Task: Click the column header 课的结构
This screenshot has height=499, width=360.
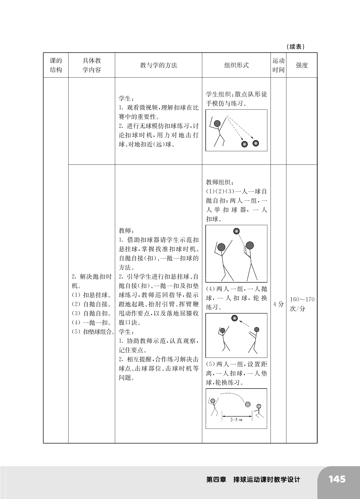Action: coord(56,65)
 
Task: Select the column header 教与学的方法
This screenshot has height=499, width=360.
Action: coord(158,65)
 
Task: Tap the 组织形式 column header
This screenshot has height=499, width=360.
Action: coord(236,65)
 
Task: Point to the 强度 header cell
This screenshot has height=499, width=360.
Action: coord(301,65)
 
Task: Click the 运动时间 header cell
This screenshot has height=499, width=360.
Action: coord(278,65)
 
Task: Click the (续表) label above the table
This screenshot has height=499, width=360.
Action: coord(296,47)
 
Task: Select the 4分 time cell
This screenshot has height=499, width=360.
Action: coord(278,304)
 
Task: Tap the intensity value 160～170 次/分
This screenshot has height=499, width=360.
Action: coord(302,304)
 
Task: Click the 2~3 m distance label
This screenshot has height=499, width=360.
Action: coord(236,420)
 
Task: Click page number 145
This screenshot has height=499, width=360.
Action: coord(337,479)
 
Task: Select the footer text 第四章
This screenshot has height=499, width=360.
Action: coord(216,480)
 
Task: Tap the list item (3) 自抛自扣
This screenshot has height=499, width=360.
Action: coord(92,313)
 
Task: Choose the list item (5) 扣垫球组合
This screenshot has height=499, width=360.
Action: coord(93,332)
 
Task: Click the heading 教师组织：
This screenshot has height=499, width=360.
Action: coord(220,182)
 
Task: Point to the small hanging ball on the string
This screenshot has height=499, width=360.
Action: coord(236,231)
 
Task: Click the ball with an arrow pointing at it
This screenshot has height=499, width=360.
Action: coord(235,318)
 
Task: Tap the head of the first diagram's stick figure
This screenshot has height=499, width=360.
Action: coord(217,123)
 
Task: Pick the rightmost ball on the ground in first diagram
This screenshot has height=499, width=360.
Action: coord(255,143)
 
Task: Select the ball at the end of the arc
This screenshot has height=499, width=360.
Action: coord(248,404)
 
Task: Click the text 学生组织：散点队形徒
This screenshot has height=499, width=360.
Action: coord(236,94)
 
